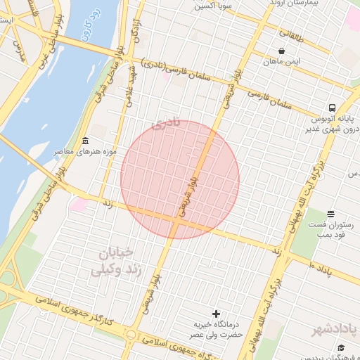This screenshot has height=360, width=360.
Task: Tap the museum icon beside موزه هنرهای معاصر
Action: tap(85, 141)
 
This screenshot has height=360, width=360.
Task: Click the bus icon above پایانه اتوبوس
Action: tap(331, 108)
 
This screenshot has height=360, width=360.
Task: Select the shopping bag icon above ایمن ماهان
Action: tap(282, 51)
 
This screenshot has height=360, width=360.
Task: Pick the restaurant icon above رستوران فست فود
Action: tap(331, 213)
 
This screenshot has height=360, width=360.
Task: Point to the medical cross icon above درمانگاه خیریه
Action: tap(215, 313)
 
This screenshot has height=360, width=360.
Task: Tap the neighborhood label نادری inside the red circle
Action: tap(166, 124)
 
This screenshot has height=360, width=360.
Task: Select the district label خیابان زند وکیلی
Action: tap(117, 261)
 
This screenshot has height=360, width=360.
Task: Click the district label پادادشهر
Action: tap(336, 329)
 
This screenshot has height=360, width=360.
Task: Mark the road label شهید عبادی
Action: tap(129, 86)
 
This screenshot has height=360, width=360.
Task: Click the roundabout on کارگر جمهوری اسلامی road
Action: tap(131, 334)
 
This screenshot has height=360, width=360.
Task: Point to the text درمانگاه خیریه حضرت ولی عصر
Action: tap(219, 330)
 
